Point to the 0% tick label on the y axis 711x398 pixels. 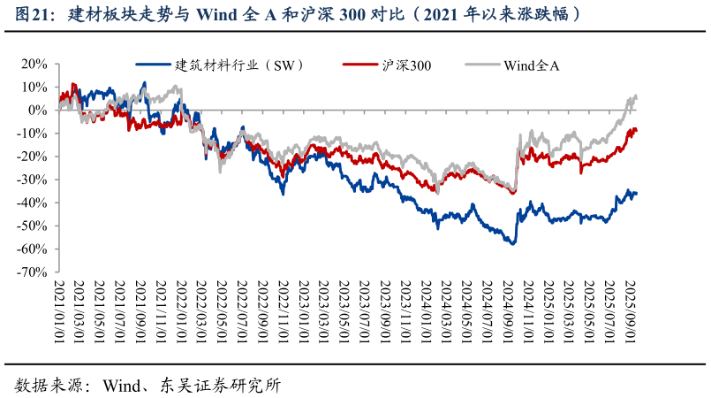36,111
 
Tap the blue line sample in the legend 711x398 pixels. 153,65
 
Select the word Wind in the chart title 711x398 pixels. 217,15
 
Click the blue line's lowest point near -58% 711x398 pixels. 513,243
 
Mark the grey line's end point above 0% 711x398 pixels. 636,96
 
